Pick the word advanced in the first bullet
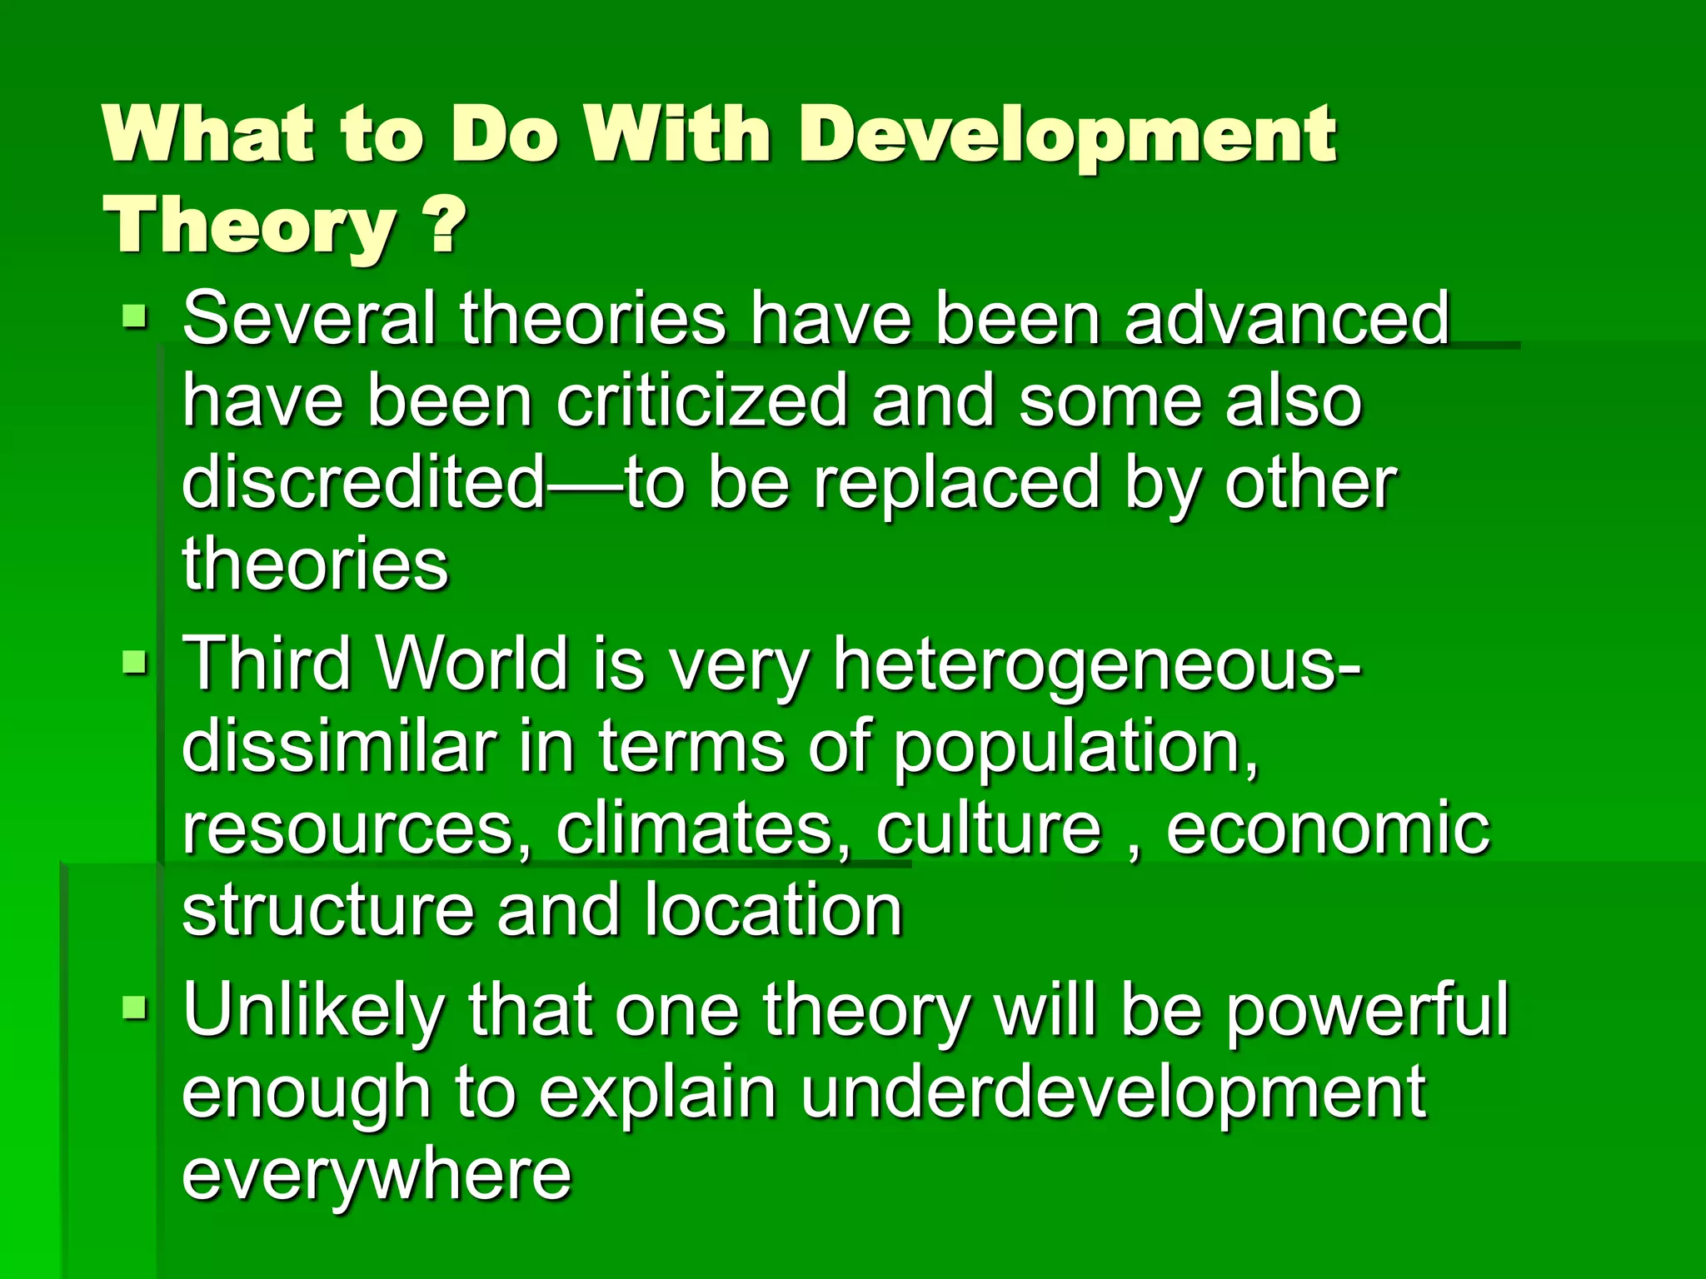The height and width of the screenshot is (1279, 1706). click(x=1287, y=318)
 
